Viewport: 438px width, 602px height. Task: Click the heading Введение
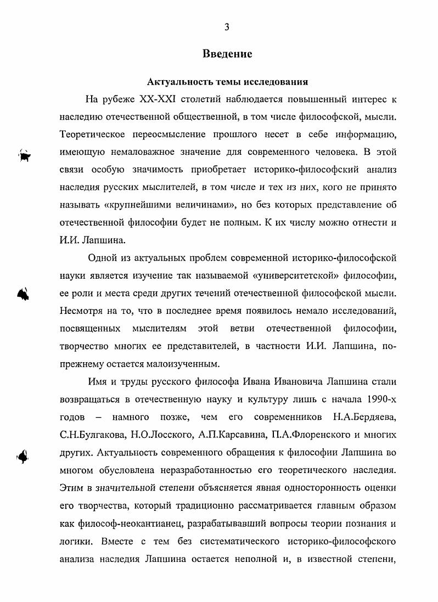point(227,54)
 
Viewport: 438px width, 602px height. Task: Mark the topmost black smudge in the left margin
point(24,155)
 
